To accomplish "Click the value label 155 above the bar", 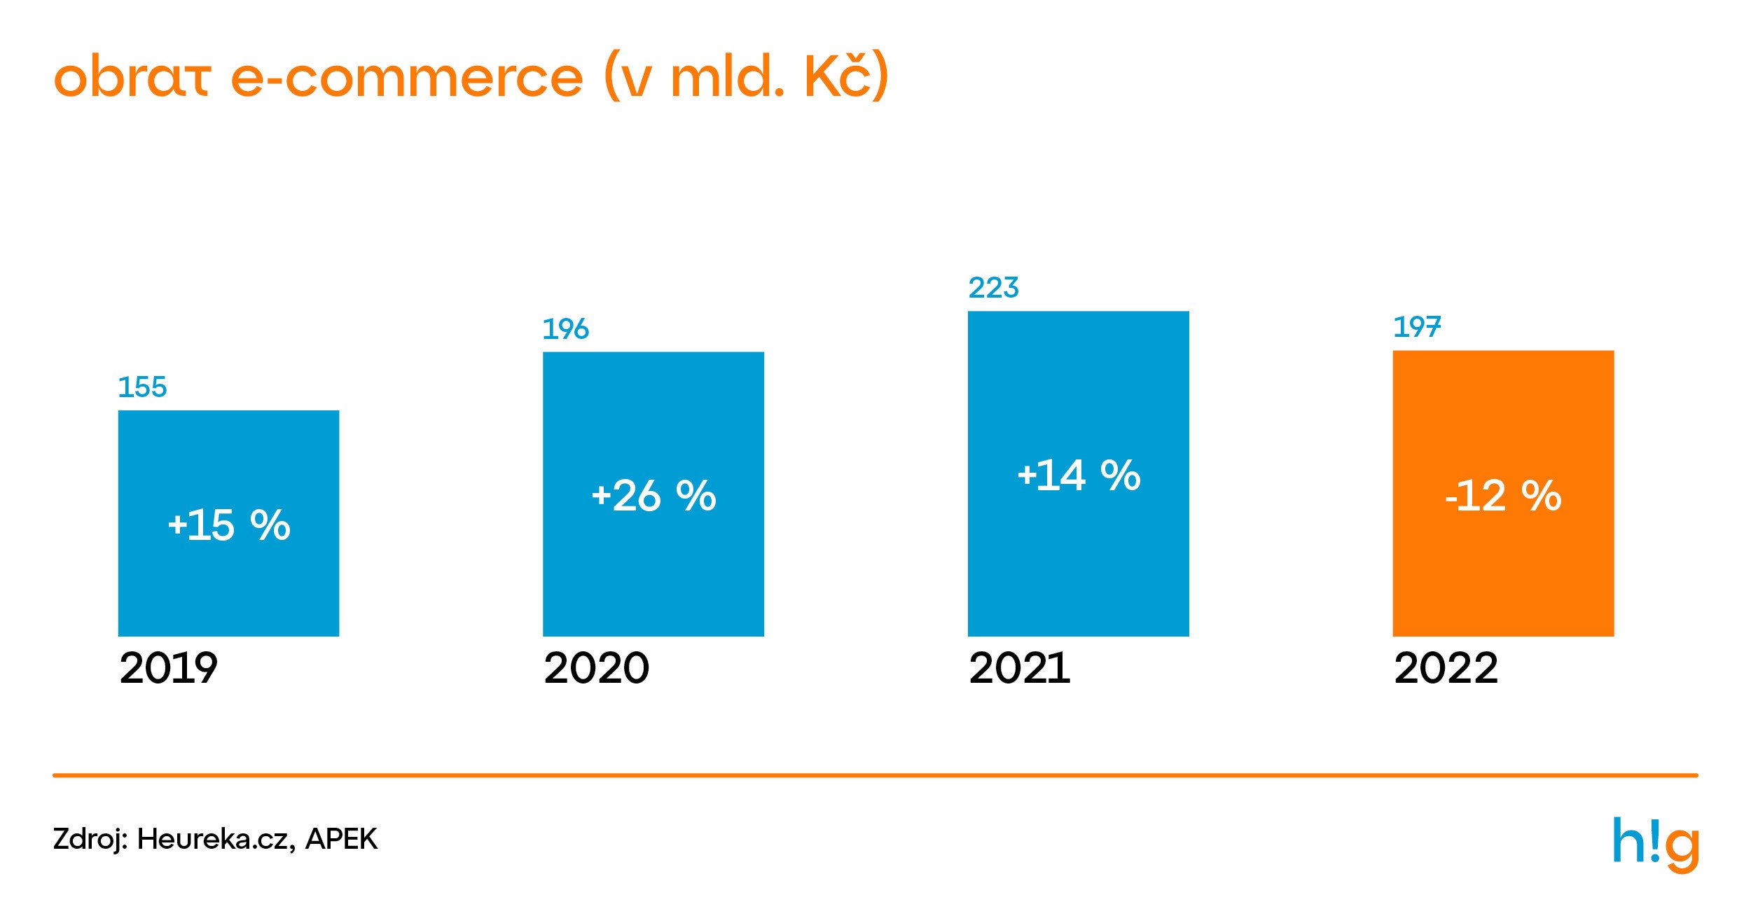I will [x=142, y=387].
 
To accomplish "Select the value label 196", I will [x=566, y=329].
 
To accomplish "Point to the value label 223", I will [x=993, y=288].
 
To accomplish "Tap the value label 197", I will [x=1417, y=327].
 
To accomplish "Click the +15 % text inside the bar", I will [x=229, y=525].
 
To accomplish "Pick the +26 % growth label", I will [x=653, y=496].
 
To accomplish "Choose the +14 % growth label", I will [x=1079, y=475].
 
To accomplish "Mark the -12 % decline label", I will [x=1503, y=496].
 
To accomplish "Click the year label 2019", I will [x=168, y=668].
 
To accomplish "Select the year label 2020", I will [x=596, y=668].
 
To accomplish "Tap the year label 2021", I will [x=1019, y=668].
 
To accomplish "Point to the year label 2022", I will [x=1446, y=668].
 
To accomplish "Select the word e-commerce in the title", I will [x=406, y=77].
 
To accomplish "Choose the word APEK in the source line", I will [x=341, y=839].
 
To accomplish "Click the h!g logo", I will [x=1656, y=843].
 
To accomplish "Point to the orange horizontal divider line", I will [x=875, y=775].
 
